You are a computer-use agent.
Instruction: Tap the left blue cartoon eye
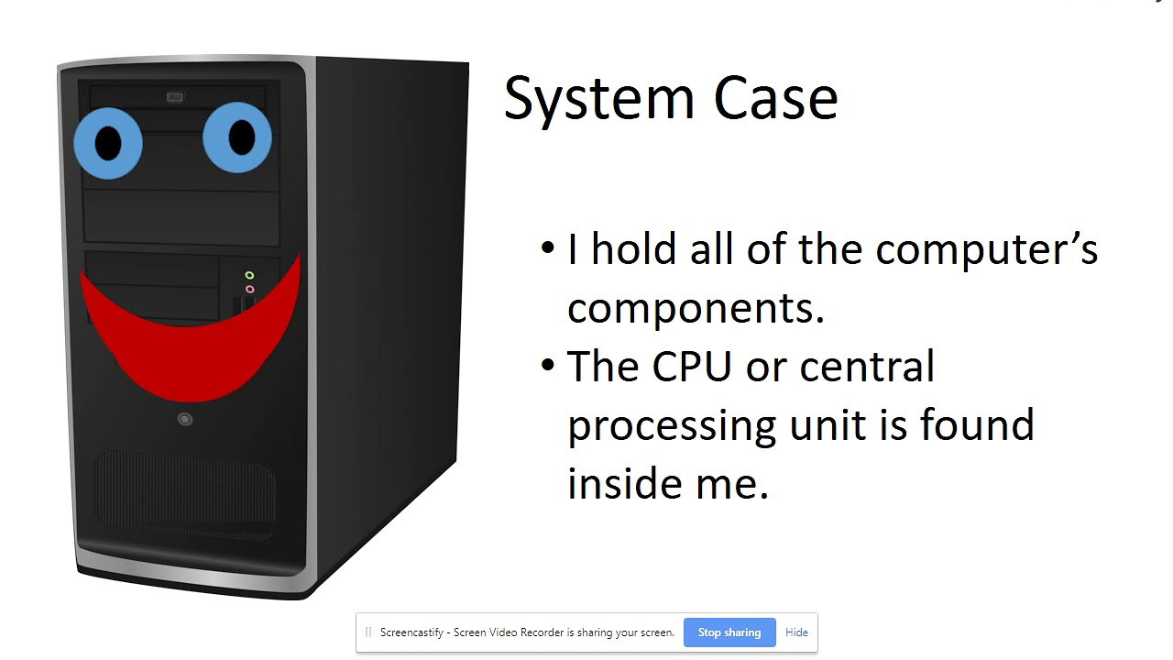click(108, 142)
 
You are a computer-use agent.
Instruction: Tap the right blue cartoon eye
click(237, 137)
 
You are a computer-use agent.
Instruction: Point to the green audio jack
click(249, 275)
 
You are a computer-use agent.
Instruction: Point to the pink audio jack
click(249, 290)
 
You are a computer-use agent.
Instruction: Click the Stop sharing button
click(729, 632)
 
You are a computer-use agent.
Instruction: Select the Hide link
click(796, 632)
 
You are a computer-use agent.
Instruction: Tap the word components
click(696, 308)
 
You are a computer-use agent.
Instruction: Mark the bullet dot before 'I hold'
click(548, 247)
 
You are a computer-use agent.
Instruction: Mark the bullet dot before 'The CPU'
click(548, 365)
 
